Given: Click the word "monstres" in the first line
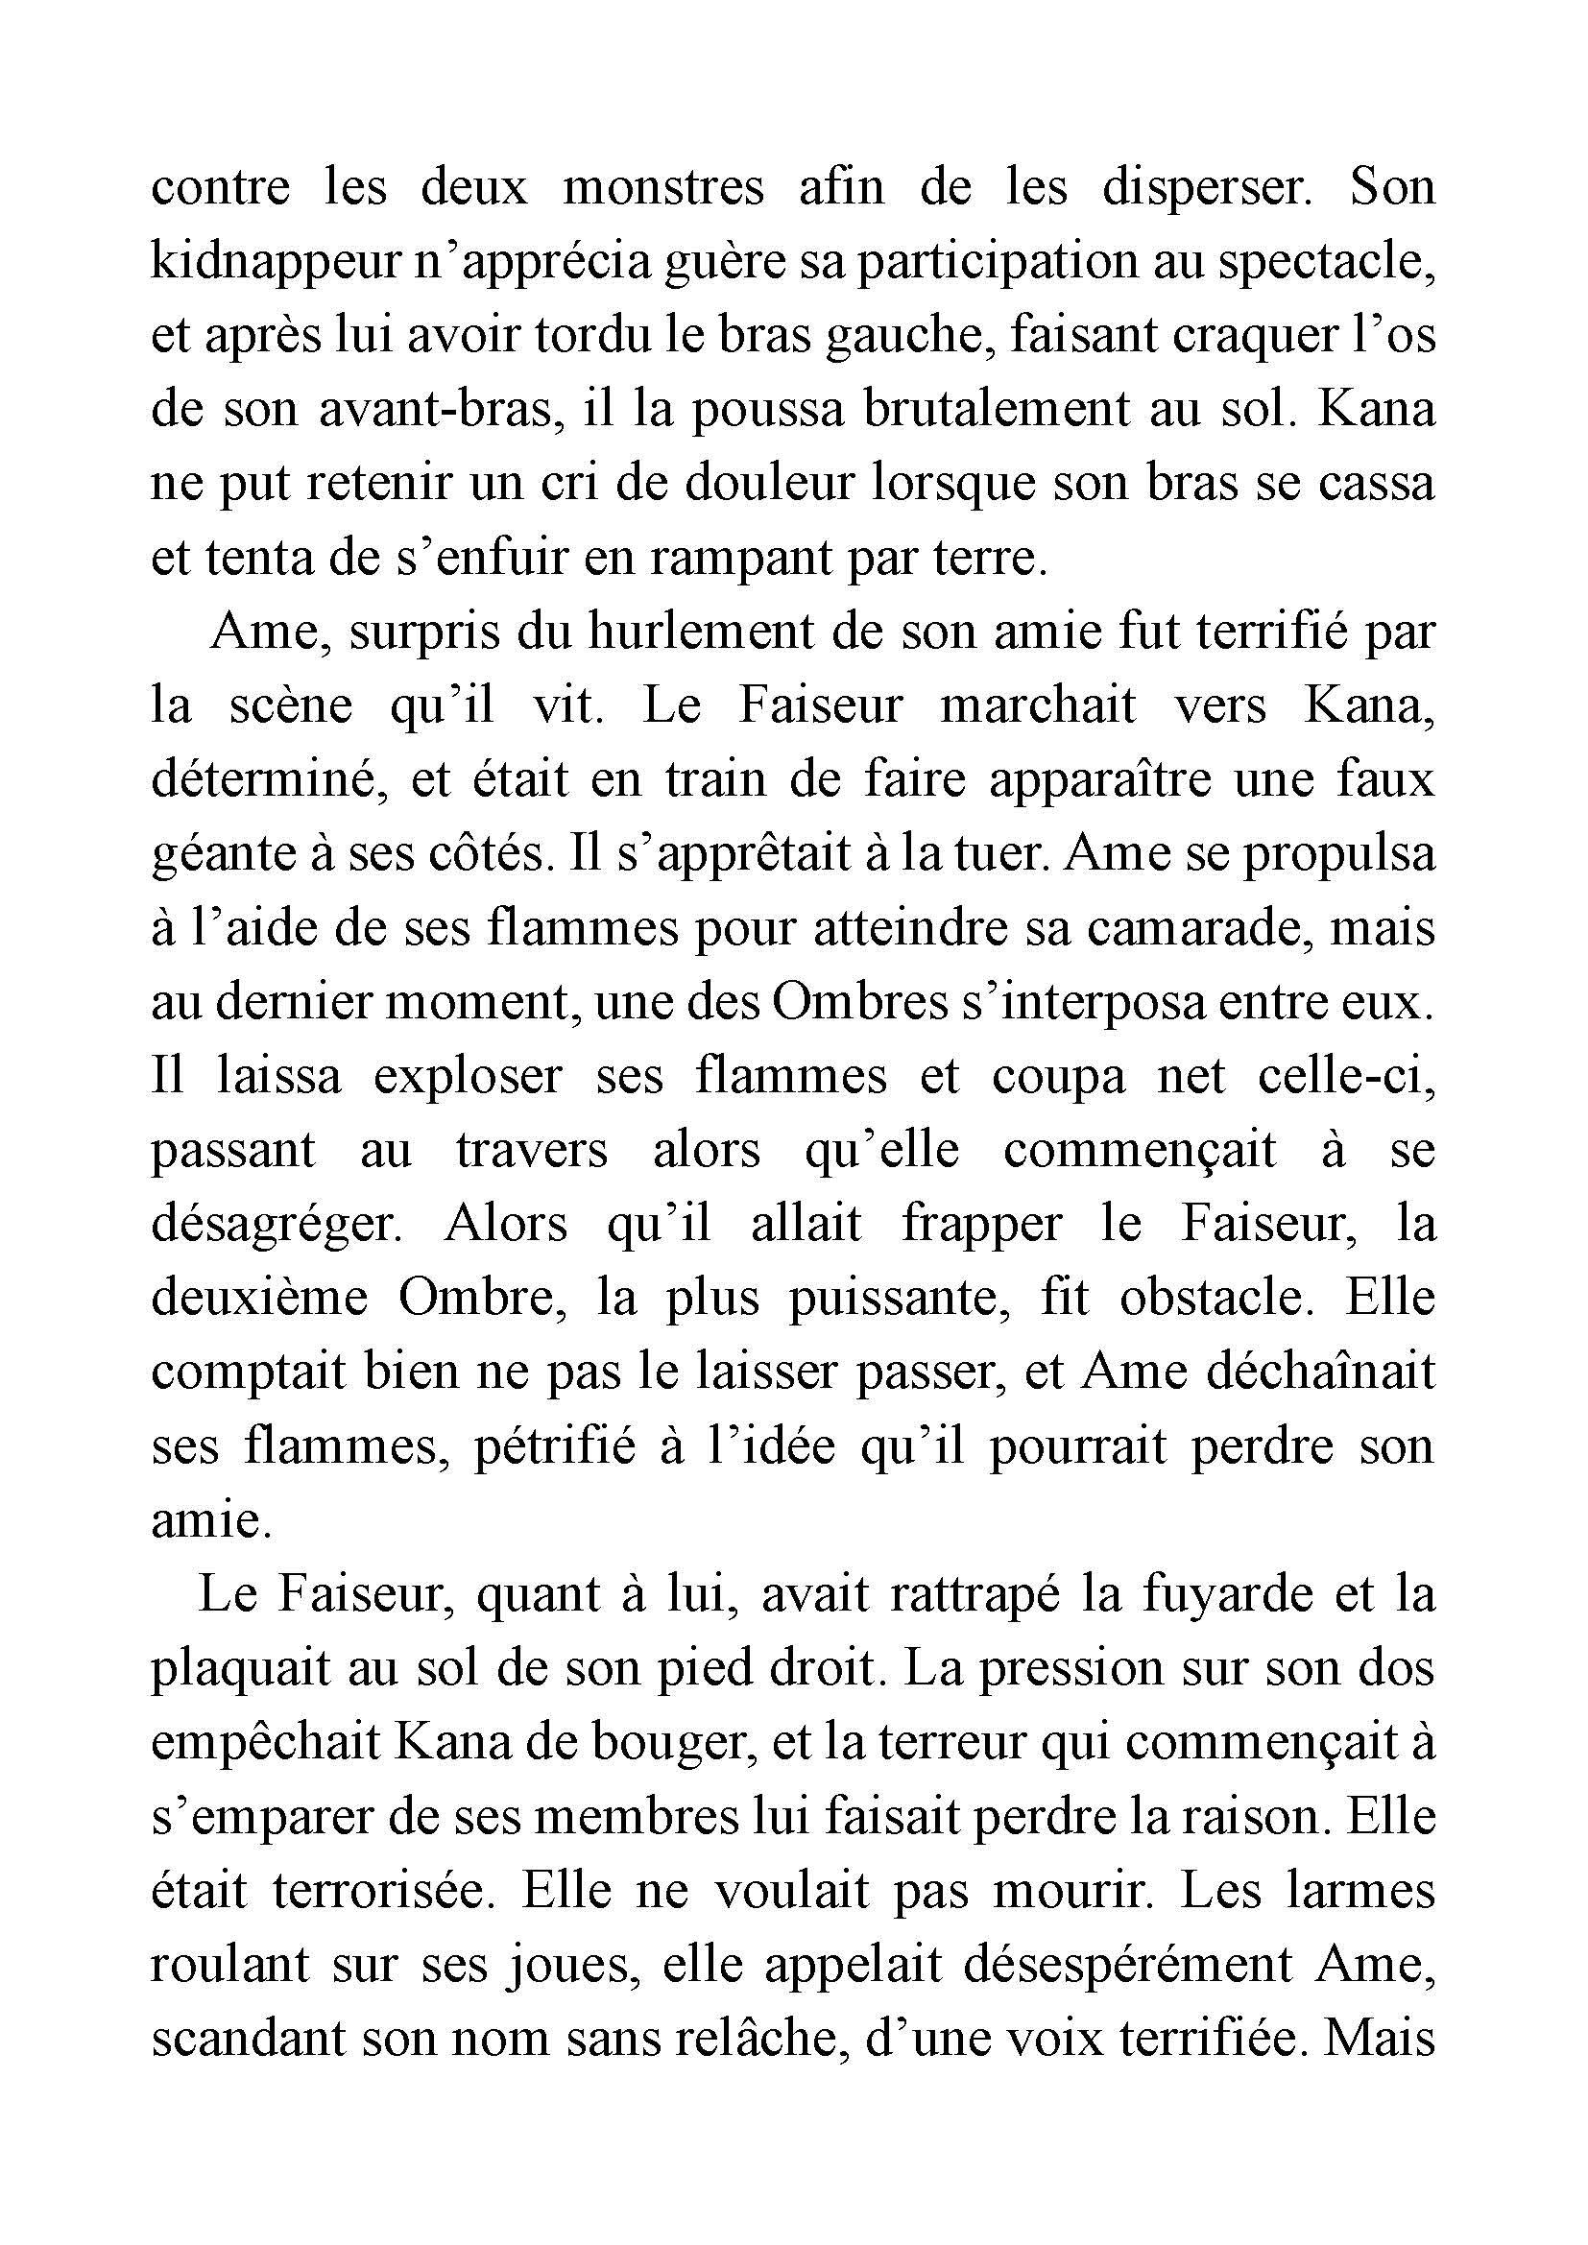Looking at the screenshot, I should pyautogui.click(x=663, y=187).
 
